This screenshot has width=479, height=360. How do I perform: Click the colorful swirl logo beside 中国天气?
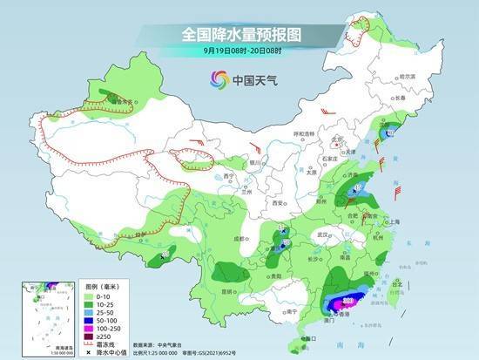coord(216,80)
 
